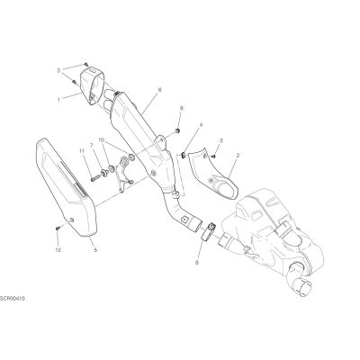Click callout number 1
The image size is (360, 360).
coord(58,99)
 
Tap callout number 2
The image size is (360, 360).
coord(238,156)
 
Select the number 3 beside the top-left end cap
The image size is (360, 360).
coord(58,71)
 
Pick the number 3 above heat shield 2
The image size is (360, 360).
coord(221,140)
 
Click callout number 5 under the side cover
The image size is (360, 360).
coord(95,249)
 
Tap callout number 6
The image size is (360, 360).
coord(159,90)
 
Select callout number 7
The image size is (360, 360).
coord(92,145)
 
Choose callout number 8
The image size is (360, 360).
coord(197,263)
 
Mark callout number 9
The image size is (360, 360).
coord(181,108)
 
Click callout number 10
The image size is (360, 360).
coord(101,139)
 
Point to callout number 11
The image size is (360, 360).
coord(81,151)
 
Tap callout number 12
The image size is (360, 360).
coord(58,249)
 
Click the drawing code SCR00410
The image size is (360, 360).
coord(13,299)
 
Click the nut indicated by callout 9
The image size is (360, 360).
coord(177,130)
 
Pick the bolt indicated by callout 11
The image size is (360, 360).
coord(95,178)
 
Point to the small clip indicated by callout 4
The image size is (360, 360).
coord(183,155)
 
